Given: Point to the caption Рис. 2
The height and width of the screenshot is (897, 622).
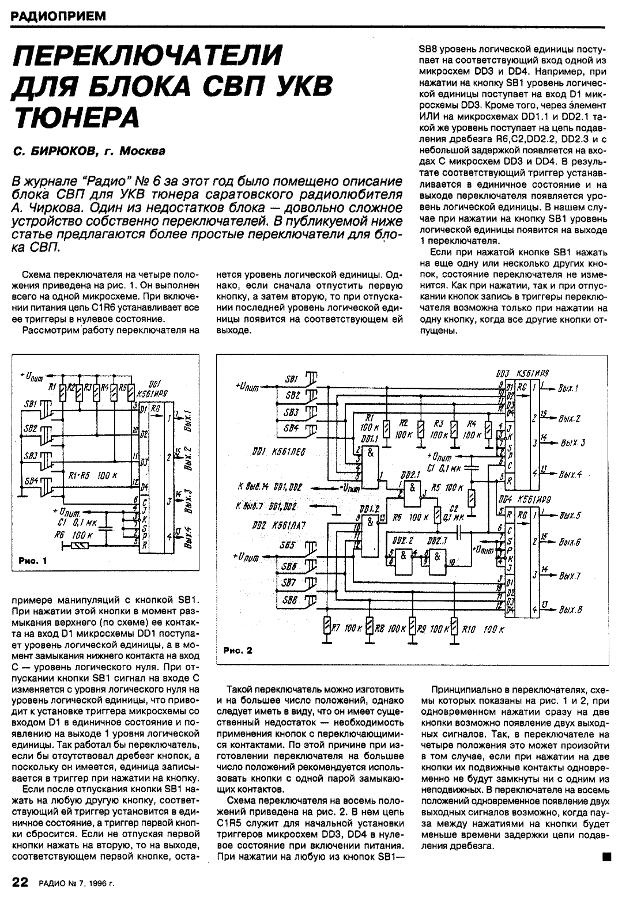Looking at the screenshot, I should coord(238,651).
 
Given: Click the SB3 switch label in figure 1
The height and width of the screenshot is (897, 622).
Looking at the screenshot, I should coord(31,455).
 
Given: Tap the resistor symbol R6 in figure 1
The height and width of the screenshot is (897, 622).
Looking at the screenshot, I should coord(78,544).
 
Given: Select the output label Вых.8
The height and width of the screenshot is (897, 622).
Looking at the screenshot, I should coord(570,610).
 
